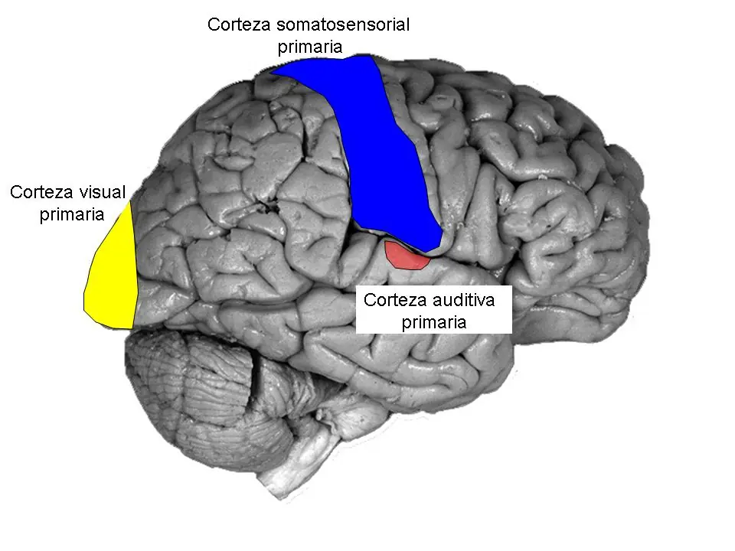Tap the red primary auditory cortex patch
coord(406,256)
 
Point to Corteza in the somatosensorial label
coord(237,24)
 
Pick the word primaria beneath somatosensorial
coord(309,47)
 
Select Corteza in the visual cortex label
coord(40,191)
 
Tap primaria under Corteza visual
coord(71,214)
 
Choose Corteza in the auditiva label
coord(394,300)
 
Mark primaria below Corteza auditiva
coord(433,322)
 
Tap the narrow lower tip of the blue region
coord(429,246)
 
